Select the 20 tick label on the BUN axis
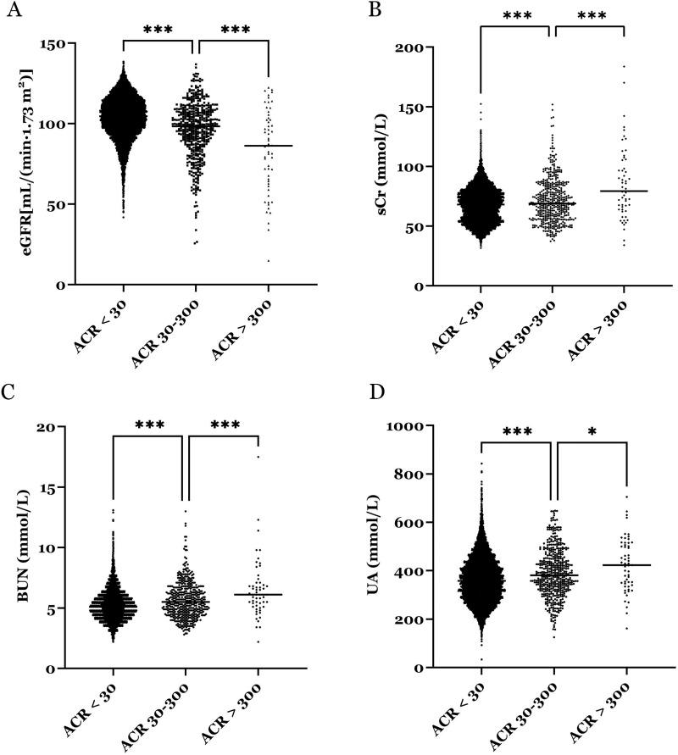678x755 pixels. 55,427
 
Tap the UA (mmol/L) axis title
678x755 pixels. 370,547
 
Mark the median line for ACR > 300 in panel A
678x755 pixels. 268,146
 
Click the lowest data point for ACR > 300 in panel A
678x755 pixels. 269,260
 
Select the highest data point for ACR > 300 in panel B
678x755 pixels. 624,66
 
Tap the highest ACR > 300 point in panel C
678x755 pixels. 258,457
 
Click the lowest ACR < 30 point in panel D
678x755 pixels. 480,660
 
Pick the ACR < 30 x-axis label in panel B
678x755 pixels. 453,326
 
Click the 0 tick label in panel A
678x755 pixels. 60,285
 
